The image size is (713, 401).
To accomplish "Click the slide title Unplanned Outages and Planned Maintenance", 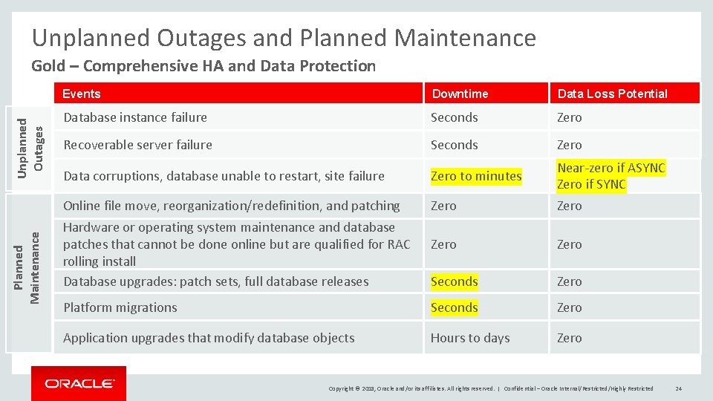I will coord(284,37).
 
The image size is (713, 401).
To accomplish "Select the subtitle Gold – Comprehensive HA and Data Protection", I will coord(204,66).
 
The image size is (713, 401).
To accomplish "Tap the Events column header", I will coord(82,94).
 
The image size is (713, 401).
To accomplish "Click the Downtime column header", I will coord(460,94).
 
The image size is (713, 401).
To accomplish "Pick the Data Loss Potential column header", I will coord(612,94).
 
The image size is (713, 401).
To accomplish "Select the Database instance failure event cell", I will coord(135,117).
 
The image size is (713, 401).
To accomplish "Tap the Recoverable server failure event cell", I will coord(137,145).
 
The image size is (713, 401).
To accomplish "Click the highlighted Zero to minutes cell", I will coord(476,176).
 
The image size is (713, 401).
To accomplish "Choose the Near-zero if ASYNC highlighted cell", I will coord(611,168).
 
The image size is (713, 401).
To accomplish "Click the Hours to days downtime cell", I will coord(470,338).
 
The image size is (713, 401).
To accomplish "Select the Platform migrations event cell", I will coord(120,307).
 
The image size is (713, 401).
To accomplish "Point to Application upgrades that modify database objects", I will coord(209,338).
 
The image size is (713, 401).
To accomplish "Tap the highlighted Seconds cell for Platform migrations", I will coord(454,307).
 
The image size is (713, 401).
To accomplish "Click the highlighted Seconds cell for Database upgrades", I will coord(454,281).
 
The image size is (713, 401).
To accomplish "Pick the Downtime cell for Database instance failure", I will coord(454,117).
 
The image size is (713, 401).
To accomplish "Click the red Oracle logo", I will coord(79,383).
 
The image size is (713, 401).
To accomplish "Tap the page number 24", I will coord(679,388).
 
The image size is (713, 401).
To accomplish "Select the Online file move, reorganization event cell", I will coord(231,206).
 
